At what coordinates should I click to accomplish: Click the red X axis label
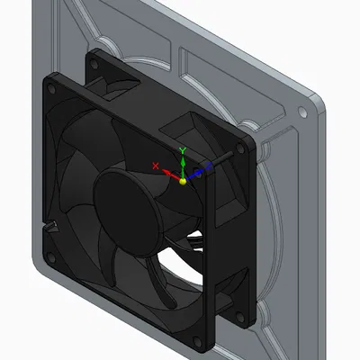tap(156, 166)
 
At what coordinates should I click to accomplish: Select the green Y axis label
tap(184, 149)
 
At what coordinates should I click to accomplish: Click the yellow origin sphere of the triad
tap(184, 181)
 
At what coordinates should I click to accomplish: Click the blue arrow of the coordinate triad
tap(198, 171)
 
